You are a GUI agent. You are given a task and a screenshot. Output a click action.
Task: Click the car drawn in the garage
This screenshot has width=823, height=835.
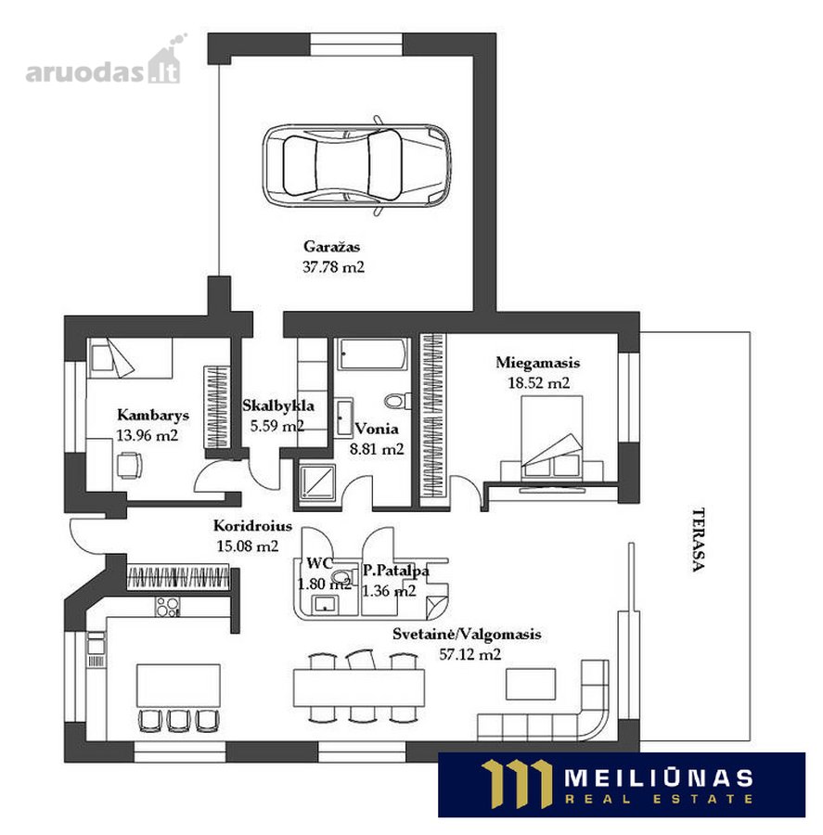click(x=356, y=166)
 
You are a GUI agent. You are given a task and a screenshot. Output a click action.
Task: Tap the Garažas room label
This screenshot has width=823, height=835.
click(x=331, y=247)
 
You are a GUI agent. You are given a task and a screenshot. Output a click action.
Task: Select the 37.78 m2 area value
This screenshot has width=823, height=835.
click(x=333, y=267)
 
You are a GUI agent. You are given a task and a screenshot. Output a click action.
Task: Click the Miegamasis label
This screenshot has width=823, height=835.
click(x=537, y=363)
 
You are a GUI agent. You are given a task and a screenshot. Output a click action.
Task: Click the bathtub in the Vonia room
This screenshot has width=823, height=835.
click(x=373, y=353)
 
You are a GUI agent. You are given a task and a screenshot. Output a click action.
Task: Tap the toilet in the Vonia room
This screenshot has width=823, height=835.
click(x=397, y=401)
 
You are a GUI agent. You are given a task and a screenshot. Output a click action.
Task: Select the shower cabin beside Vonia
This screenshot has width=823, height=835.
click(x=317, y=482)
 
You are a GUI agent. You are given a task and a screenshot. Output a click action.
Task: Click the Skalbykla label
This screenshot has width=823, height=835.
click(x=278, y=405)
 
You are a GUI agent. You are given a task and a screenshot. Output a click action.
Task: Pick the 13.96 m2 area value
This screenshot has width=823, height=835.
click(x=147, y=436)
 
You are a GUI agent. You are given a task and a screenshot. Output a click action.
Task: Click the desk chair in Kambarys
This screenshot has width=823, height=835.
click(x=129, y=466)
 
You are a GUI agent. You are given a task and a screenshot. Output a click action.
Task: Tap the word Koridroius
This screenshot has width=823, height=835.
click(x=252, y=526)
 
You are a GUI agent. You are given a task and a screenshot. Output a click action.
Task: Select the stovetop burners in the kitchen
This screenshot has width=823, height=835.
click(x=168, y=606)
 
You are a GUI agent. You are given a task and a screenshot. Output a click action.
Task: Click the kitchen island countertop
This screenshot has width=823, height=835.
click(x=178, y=686)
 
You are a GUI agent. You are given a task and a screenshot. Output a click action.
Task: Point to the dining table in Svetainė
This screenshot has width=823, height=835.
click(x=358, y=687)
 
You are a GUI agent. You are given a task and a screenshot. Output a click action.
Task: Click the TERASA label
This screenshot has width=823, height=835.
click(x=699, y=539)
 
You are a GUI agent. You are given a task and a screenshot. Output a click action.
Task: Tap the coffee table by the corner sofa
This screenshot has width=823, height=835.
click(x=531, y=684)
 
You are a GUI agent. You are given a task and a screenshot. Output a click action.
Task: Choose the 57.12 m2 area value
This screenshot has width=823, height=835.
click(x=469, y=654)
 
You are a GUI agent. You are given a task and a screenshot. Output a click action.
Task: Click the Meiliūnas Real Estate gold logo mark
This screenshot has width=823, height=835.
click(x=516, y=784)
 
